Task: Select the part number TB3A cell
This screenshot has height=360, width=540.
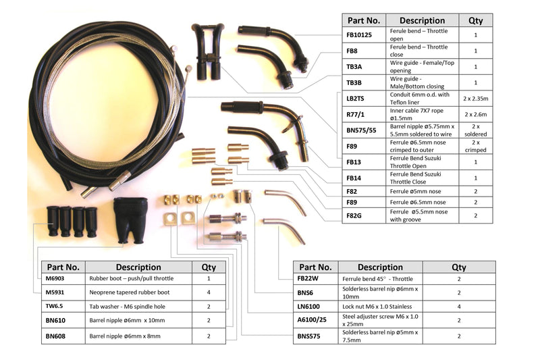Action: (x=354, y=66)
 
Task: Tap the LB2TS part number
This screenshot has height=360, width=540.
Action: (x=356, y=98)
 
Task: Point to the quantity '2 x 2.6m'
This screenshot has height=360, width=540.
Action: (x=475, y=114)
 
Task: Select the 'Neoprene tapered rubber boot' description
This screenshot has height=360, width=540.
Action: (x=129, y=292)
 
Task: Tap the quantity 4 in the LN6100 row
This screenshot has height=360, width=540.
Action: (x=459, y=306)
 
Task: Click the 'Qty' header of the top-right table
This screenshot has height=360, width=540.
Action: (x=475, y=20)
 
